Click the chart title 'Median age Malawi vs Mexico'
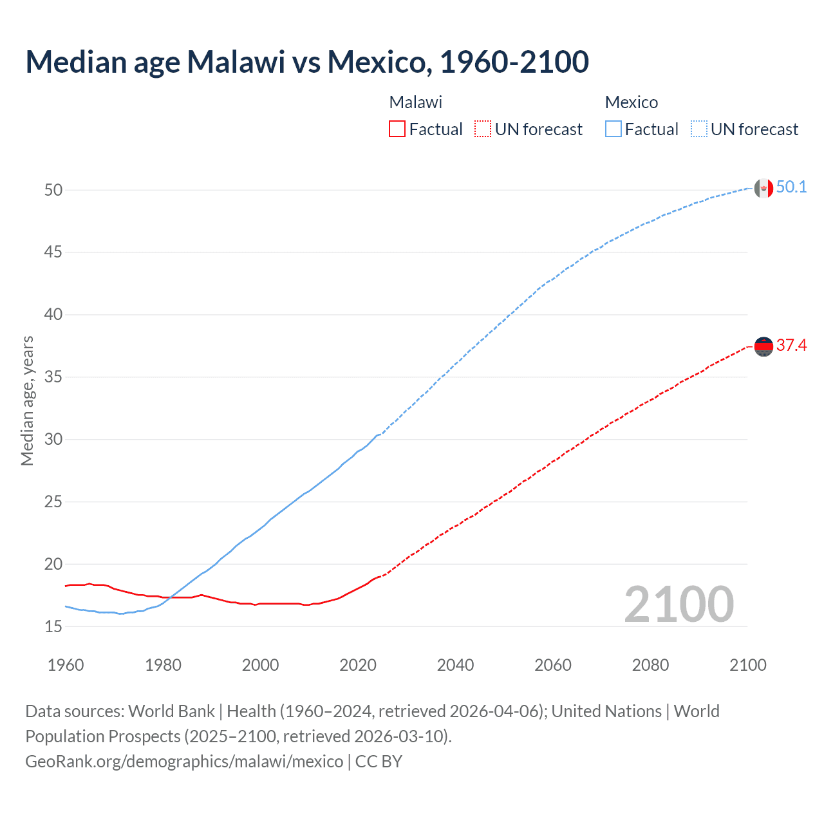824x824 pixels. pyautogui.click(x=307, y=62)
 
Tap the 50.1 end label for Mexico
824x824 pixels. pyautogui.click(x=791, y=187)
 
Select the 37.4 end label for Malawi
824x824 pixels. pyautogui.click(x=791, y=346)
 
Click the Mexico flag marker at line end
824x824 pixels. pyautogui.click(x=763, y=189)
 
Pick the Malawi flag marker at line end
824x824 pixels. pyautogui.click(x=763, y=347)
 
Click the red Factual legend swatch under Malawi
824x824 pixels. pyautogui.click(x=397, y=129)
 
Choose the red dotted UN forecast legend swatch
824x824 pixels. pyautogui.click(x=483, y=129)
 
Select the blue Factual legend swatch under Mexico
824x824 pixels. pyautogui.click(x=613, y=129)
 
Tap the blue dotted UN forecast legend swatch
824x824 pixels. pyautogui.click(x=698, y=129)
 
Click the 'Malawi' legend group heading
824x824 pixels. pyautogui.click(x=416, y=102)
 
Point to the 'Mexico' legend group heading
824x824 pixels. pyautogui.click(x=632, y=102)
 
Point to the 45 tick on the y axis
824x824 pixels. pyautogui.click(x=53, y=252)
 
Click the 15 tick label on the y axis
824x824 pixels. pyautogui.click(x=53, y=626)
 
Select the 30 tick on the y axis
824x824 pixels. pyautogui.click(x=53, y=440)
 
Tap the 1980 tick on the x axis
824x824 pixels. pyautogui.click(x=163, y=665)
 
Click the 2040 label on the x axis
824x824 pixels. pyautogui.click(x=455, y=665)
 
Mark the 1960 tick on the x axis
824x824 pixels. pyautogui.click(x=66, y=665)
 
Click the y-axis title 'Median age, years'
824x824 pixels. pyautogui.click(x=27, y=400)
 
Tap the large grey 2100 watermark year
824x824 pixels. pyautogui.click(x=679, y=604)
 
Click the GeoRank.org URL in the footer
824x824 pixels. pyautogui.click(x=184, y=762)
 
